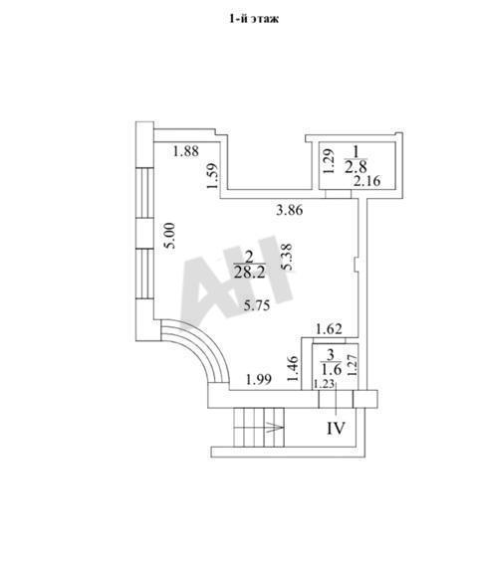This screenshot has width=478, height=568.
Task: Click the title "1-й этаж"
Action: click(254, 19)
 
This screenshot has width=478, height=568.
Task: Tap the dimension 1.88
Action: click(185, 151)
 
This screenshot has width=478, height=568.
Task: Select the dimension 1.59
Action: click(212, 176)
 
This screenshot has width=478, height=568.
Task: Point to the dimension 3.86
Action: click(289, 210)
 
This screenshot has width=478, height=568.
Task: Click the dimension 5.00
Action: click(169, 235)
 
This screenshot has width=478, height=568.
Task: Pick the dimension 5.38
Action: click(287, 257)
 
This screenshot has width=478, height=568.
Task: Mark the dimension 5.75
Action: click(257, 305)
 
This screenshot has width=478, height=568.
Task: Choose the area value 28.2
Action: click(250, 273)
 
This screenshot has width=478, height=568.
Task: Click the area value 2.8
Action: click(356, 167)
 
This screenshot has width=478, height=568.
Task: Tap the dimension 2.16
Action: click(367, 181)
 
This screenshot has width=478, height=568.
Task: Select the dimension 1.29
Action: click(328, 161)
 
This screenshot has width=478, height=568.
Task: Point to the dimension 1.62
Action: click(329, 329)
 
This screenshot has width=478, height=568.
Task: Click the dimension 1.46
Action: click(293, 369)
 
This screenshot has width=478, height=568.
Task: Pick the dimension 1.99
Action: click(259, 380)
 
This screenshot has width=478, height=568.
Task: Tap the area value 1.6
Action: click(331, 370)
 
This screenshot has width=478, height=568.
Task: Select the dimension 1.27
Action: click(353, 365)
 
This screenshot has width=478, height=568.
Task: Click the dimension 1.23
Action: click(324, 384)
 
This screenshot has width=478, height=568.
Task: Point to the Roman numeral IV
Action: click(336, 429)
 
